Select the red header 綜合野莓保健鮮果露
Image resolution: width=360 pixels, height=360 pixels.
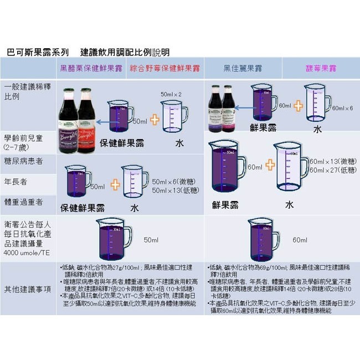click(x=164, y=68)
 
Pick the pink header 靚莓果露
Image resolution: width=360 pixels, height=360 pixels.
click(x=321, y=68)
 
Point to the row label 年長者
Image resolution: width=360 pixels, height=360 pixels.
click(x=16, y=181)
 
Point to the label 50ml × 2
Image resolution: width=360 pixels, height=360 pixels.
click(x=171, y=95)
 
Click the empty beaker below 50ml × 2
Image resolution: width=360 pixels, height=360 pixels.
click(x=173, y=119)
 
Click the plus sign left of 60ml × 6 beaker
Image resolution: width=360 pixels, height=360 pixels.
click(x=299, y=106)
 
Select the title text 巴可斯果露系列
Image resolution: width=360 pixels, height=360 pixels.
click(x=38, y=52)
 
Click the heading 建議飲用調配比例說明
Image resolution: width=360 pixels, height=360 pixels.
click(x=125, y=52)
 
